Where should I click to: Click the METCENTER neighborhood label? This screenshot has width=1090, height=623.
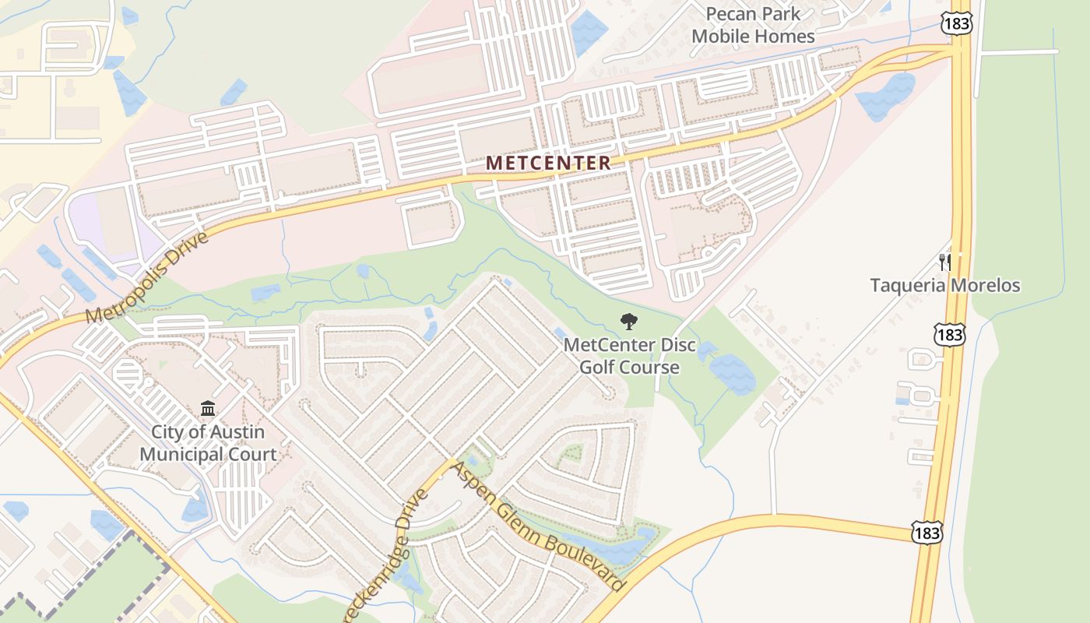coord(549,163)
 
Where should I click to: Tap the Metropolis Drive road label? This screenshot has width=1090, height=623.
coord(147,277)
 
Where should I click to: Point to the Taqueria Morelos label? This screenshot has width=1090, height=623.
coord(944,285)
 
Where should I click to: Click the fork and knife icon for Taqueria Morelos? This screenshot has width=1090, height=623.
coord(944,262)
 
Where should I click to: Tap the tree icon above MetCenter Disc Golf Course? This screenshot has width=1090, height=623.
coord(628,322)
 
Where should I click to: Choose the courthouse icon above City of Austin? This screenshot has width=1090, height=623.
coord(208,408)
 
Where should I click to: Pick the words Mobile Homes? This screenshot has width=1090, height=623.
coord(753,36)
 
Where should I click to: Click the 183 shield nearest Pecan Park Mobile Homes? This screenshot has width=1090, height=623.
coord(955,23)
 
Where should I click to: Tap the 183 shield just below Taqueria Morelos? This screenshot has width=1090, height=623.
coord(949,336)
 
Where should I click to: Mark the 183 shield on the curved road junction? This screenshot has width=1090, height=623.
coord(927,532)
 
